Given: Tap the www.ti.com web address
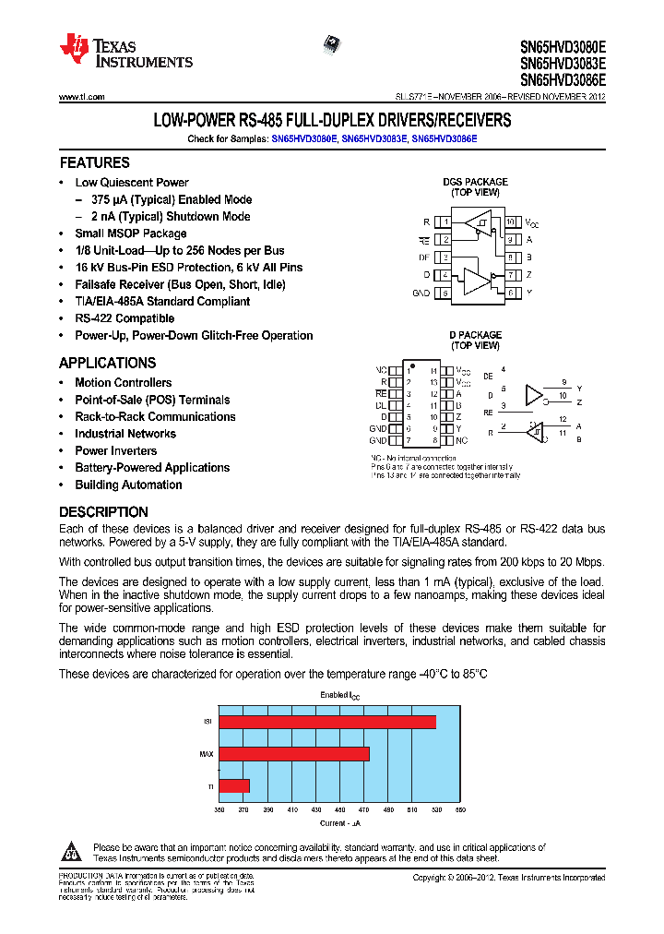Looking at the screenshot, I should click(81, 97).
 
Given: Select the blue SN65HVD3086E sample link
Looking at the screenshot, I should click(445, 138).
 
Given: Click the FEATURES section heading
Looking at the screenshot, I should click(94, 162).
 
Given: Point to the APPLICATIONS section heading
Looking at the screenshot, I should click(107, 363).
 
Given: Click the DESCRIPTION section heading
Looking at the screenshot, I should click(103, 511).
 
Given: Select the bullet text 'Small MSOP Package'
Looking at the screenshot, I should click(130, 233).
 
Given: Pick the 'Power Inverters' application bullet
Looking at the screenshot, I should click(115, 450).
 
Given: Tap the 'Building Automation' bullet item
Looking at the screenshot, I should click(128, 485).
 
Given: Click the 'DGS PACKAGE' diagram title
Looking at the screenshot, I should click(475, 182).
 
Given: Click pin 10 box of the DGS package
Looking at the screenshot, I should click(509, 222).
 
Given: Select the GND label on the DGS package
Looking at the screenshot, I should click(421, 293).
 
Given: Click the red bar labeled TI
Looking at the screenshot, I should click(233, 785).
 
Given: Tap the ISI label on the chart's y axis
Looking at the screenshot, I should click(207, 722).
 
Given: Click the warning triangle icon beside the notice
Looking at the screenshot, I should click(75, 851).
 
